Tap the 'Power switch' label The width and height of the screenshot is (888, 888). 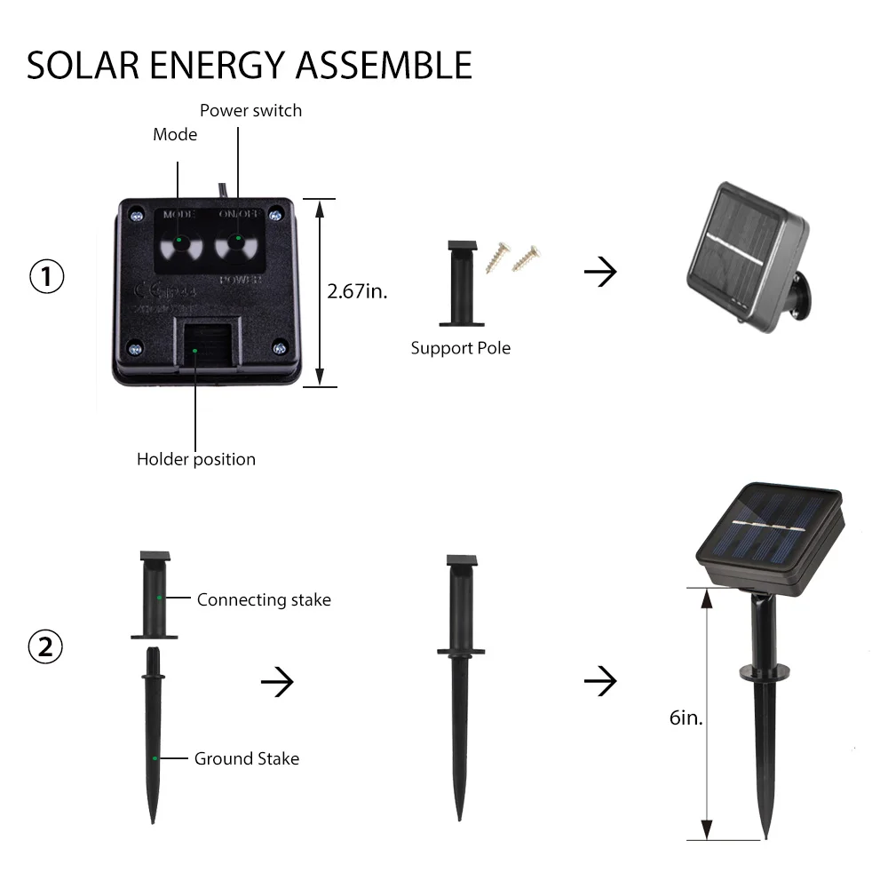pyautogui.click(x=250, y=111)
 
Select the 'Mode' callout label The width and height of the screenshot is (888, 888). pyautogui.click(x=175, y=135)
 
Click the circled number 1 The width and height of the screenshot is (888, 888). pyautogui.click(x=47, y=277)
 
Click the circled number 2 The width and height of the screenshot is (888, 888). pyautogui.click(x=46, y=646)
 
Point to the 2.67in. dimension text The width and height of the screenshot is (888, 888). pyautogui.click(x=358, y=291)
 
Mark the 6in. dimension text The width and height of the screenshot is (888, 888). pyautogui.click(x=686, y=718)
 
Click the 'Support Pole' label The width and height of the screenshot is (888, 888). pyautogui.click(x=460, y=348)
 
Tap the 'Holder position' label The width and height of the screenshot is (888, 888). pyautogui.click(x=195, y=459)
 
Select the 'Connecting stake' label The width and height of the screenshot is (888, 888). pyautogui.click(x=264, y=600)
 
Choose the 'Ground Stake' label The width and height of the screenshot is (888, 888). pyautogui.click(x=247, y=758)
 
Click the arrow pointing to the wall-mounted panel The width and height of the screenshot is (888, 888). pyautogui.click(x=600, y=273)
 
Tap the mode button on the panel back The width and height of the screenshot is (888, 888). pyautogui.click(x=178, y=241)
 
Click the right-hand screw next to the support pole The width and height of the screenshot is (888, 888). pyautogui.click(x=526, y=257)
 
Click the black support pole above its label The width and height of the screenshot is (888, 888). pyautogui.click(x=460, y=283)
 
